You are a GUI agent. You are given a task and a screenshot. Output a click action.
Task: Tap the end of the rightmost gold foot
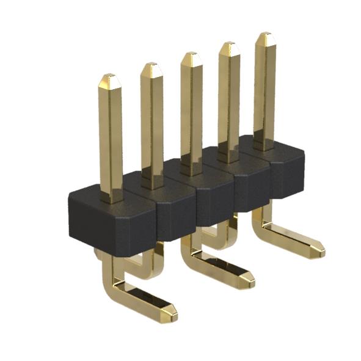click(318, 250)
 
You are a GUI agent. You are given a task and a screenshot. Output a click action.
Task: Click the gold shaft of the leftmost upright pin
click(112, 140)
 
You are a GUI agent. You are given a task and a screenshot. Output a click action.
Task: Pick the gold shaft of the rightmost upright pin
click(264, 92)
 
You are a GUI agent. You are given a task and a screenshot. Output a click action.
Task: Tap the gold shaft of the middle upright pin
click(191, 116)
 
